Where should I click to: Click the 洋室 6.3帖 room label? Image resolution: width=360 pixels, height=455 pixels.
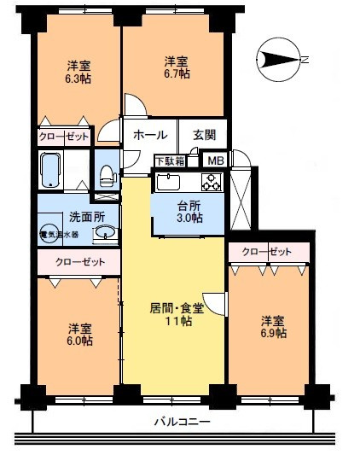[78, 72]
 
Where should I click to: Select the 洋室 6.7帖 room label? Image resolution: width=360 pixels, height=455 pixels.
[176, 68]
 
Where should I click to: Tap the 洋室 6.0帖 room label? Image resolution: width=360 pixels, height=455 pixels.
[79, 335]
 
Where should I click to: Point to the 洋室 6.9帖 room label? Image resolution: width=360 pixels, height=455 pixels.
[273, 327]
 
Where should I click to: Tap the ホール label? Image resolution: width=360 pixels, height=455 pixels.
[150, 136]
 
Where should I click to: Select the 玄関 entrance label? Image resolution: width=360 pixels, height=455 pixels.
[204, 135]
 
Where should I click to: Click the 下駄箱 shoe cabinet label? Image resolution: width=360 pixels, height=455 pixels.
[168, 160]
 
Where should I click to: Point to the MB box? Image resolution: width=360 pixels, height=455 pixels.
[216, 160]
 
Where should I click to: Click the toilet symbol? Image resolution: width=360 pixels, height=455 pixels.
[107, 176]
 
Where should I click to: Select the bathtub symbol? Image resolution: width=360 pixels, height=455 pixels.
[50, 169]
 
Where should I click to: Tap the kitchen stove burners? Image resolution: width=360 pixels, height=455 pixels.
[211, 182]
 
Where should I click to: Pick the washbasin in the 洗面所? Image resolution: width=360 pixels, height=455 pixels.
[107, 234]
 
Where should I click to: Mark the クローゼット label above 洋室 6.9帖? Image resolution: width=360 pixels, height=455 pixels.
[265, 252]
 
